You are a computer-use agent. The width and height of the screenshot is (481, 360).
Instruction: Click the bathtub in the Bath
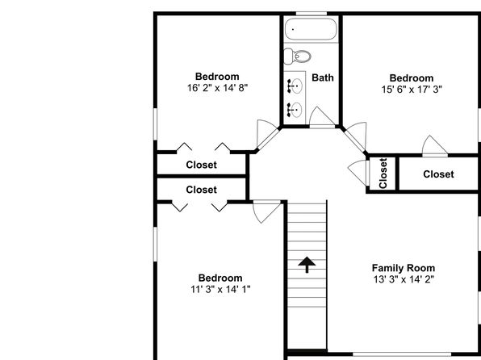pyautogui.click(x=311, y=29)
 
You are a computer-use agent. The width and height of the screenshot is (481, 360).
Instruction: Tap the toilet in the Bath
pyautogui.click(x=297, y=57)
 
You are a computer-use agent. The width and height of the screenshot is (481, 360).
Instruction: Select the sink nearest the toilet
pyautogui.click(x=295, y=86)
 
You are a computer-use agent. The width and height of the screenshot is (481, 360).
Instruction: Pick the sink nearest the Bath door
pyautogui.click(x=295, y=110)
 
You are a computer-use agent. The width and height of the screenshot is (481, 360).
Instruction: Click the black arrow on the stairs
pyautogui.click(x=307, y=265)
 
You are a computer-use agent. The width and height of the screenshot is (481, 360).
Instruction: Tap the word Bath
pyautogui.click(x=322, y=77)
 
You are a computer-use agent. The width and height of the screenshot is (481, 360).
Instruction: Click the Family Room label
pyautogui.click(x=404, y=268)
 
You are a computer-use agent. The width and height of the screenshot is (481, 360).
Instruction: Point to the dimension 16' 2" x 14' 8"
pyautogui.click(x=217, y=88)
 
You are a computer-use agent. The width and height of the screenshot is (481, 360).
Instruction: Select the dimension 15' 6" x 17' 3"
pyautogui.click(x=412, y=90)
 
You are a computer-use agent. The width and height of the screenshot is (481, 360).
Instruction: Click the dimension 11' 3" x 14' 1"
pyautogui.click(x=220, y=289)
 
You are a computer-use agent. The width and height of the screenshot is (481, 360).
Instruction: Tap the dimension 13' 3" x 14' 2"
pyautogui.click(x=404, y=279)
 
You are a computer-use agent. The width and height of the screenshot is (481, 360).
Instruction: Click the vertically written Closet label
pyautogui.click(x=383, y=173)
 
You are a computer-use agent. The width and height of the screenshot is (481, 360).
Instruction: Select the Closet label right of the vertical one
pyautogui.click(x=438, y=174)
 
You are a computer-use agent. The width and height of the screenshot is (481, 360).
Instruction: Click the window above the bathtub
pyautogui.click(x=311, y=14)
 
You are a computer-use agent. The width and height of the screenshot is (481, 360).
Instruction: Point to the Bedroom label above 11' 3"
pyautogui.click(x=220, y=278)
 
